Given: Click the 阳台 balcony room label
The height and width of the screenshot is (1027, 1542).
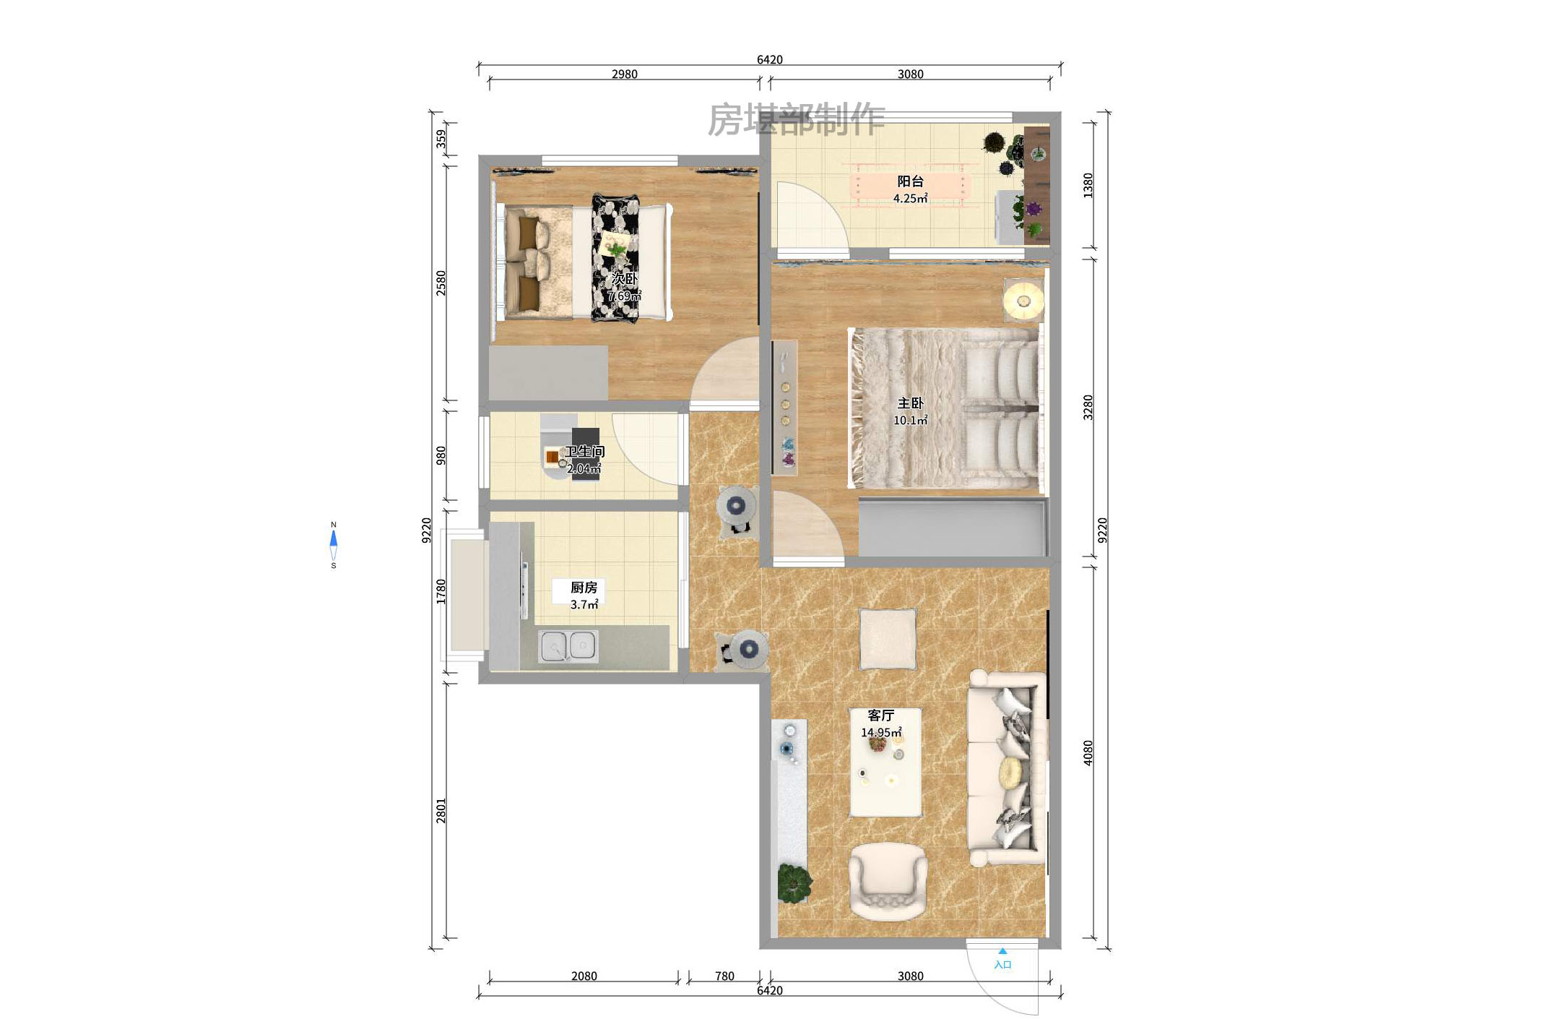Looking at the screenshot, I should point(910,181).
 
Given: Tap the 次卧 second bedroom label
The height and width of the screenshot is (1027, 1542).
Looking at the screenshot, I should point(625,278).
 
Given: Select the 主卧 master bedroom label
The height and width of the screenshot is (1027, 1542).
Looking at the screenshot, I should point(910,403).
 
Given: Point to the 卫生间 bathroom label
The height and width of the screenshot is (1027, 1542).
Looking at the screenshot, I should point(585,452).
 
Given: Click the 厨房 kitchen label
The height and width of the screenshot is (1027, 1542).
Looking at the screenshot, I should point(584,588).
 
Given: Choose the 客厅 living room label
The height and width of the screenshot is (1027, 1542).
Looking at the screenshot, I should point(881,716).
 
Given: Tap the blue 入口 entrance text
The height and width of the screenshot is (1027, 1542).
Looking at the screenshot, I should point(1002,965).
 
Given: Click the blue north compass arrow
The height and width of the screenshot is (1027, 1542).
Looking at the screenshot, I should point(334,538).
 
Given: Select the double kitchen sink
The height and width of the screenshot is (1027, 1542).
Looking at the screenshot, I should point(568,645).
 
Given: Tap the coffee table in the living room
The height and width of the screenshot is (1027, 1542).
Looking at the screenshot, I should point(885,762).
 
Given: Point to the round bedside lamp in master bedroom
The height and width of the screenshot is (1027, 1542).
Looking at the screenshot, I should point(1023,299).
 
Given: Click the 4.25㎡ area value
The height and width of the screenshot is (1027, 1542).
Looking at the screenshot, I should point(910,199).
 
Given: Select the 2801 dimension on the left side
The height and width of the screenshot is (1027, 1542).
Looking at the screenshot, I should point(441,811).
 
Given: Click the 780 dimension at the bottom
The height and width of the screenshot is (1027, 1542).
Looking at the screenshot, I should point(724,976).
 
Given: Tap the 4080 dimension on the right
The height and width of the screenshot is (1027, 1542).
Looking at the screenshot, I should point(1088,753).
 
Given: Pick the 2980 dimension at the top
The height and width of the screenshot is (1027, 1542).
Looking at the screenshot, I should point(625,74).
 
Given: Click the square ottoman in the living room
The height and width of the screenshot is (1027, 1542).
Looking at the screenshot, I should point(888,639).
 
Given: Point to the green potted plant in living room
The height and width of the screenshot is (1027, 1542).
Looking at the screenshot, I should point(794,882).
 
